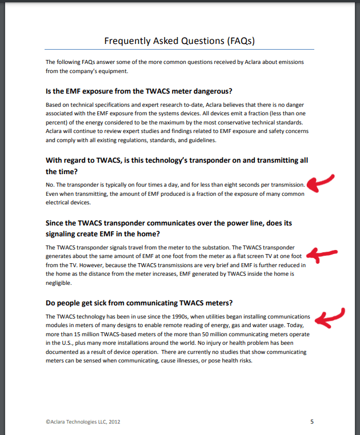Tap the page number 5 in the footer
(x=312, y=422)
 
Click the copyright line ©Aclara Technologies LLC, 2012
(x=82, y=422)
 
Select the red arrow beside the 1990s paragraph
(x=331, y=317)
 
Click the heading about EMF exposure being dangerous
(x=138, y=91)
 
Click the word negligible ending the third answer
(x=58, y=283)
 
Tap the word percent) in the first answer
(x=58, y=122)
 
